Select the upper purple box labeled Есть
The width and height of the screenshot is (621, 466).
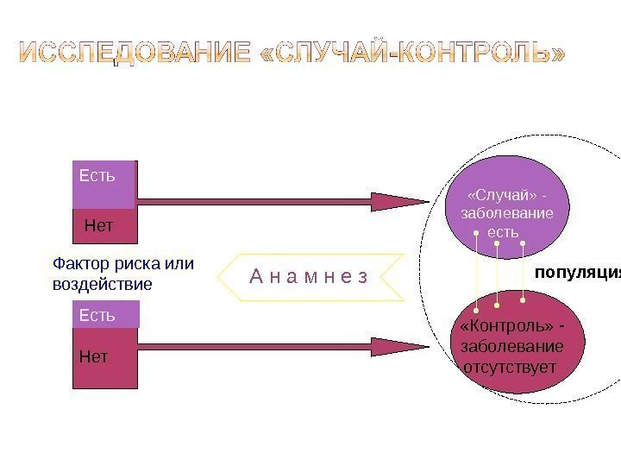104,183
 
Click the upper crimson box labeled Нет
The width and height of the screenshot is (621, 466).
104,225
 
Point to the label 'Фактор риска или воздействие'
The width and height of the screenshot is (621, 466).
122,274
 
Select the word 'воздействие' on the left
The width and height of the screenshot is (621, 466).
103,283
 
